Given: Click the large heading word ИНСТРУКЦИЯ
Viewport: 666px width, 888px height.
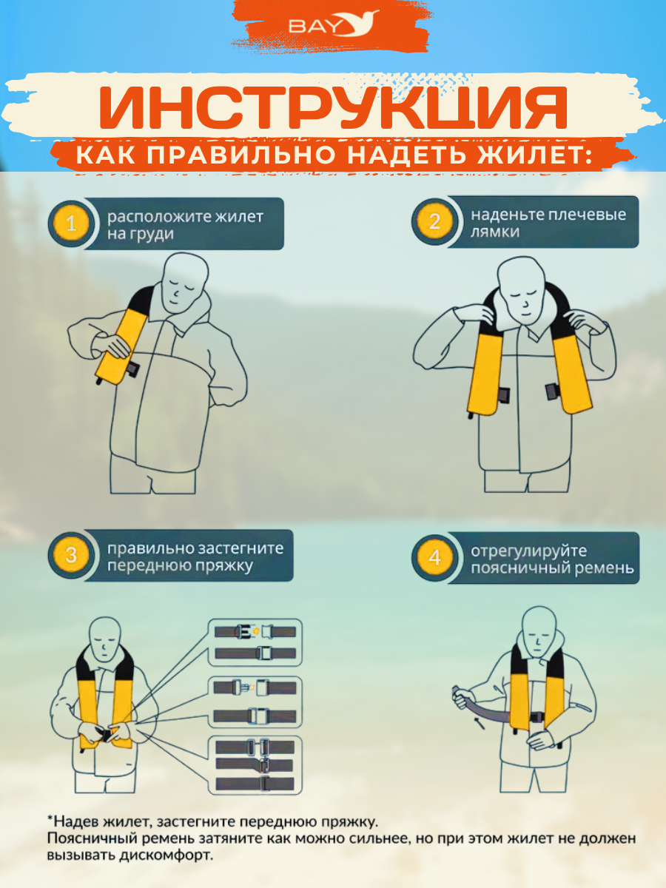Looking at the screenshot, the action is pyautogui.click(x=333, y=107).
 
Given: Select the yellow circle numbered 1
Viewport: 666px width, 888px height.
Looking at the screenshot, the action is pyautogui.click(x=71, y=223).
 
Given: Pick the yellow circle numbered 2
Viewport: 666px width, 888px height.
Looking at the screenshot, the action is pyautogui.click(x=434, y=221).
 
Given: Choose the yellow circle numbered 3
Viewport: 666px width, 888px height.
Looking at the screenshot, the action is pyautogui.click(x=71, y=555).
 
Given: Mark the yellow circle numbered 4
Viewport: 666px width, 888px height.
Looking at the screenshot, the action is pyautogui.click(x=434, y=557).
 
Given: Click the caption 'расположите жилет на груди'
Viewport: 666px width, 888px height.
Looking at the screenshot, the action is pyautogui.click(x=185, y=225).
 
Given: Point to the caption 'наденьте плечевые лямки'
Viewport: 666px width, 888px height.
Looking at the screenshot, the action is pyautogui.click(x=548, y=223).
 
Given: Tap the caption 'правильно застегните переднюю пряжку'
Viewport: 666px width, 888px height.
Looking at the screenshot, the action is pyautogui.click(x=195, y=557).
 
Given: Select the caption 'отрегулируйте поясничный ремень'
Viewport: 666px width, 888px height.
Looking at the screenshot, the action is pyautogui.click(x=552, y=559).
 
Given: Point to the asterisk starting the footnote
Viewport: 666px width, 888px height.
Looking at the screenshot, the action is pyautogui.click(x=50, y=819).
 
